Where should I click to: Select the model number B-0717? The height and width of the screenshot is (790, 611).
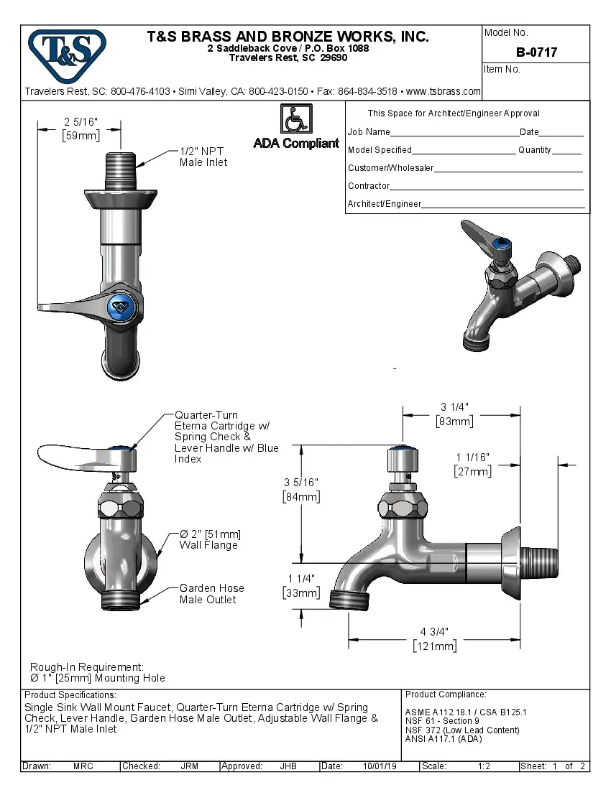(x=536, y=52)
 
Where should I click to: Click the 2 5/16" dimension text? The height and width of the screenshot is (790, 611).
(x=81, y=122)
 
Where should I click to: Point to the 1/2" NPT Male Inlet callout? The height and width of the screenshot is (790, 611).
(x=203, y=157)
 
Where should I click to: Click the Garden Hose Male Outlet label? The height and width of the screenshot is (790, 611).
(x=211, y=593)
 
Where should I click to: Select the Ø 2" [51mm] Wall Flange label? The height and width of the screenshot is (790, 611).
(x=209, y=539)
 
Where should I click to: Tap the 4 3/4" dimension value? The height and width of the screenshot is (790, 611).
(x=434, y=632)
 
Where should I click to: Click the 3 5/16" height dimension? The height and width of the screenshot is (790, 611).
(x=301, y=481)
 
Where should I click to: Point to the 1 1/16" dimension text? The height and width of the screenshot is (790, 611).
(x=472, y=457)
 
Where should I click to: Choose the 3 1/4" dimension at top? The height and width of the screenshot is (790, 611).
(x=454, y=407)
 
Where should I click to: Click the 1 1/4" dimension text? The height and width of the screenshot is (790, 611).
(x=301, y=579)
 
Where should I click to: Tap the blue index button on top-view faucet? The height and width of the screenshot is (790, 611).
(x=121, y=307)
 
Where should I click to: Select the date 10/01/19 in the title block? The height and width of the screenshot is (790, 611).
(x=380, y=766)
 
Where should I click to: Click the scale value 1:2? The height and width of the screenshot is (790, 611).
(x=484, y=766)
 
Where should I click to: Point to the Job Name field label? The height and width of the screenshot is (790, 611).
(x=369, y=132)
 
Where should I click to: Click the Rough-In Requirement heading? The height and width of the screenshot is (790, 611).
(x=87, y=667)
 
